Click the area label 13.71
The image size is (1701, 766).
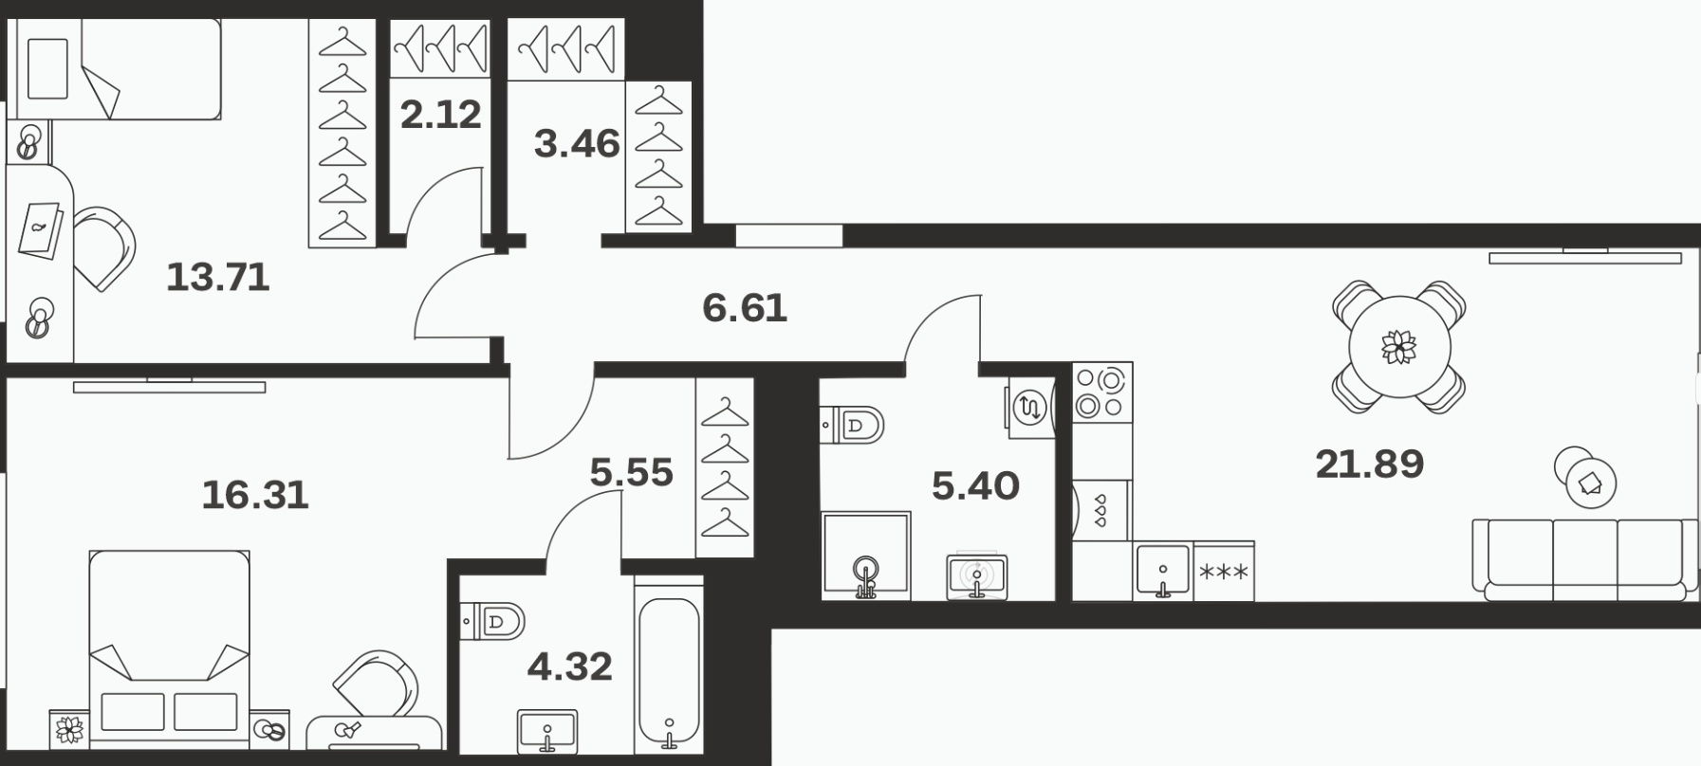[218, 278]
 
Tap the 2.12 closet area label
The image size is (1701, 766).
[441, 115]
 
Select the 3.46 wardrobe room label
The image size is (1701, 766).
[577, 144]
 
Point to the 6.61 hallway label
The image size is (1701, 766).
[745, 308]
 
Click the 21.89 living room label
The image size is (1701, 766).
[1370, 465]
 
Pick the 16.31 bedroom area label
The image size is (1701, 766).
[256, 495]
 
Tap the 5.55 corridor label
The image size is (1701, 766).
[631, 472]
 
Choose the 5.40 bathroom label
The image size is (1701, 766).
[975, 486]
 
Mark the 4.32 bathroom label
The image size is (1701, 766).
[569, 667]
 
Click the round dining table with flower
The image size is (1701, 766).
[1399, 347]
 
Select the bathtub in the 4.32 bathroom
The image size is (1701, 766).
[669, 672]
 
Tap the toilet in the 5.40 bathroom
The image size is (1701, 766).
[851, 424]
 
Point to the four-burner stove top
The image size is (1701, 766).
[1101, 392]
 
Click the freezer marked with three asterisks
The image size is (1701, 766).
[1224, 572]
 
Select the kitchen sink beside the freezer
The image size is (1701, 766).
[1163, 572]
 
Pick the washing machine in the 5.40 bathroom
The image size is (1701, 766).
[1030, 408]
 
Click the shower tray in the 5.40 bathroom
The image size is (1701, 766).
[866, 556]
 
